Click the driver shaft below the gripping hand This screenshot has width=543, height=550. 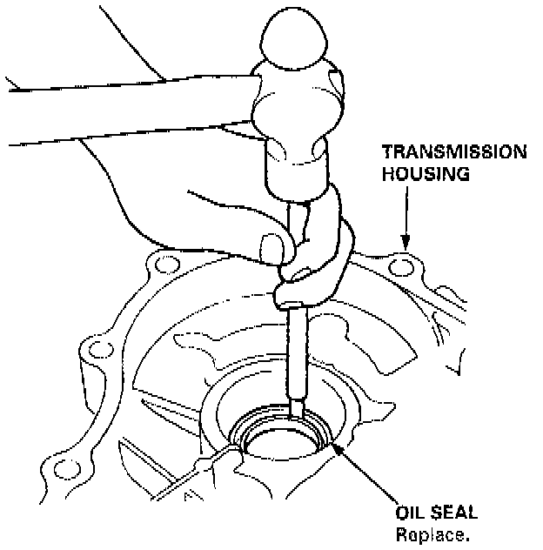(x=296, y=348)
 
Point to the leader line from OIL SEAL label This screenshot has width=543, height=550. (x=374, y=473)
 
